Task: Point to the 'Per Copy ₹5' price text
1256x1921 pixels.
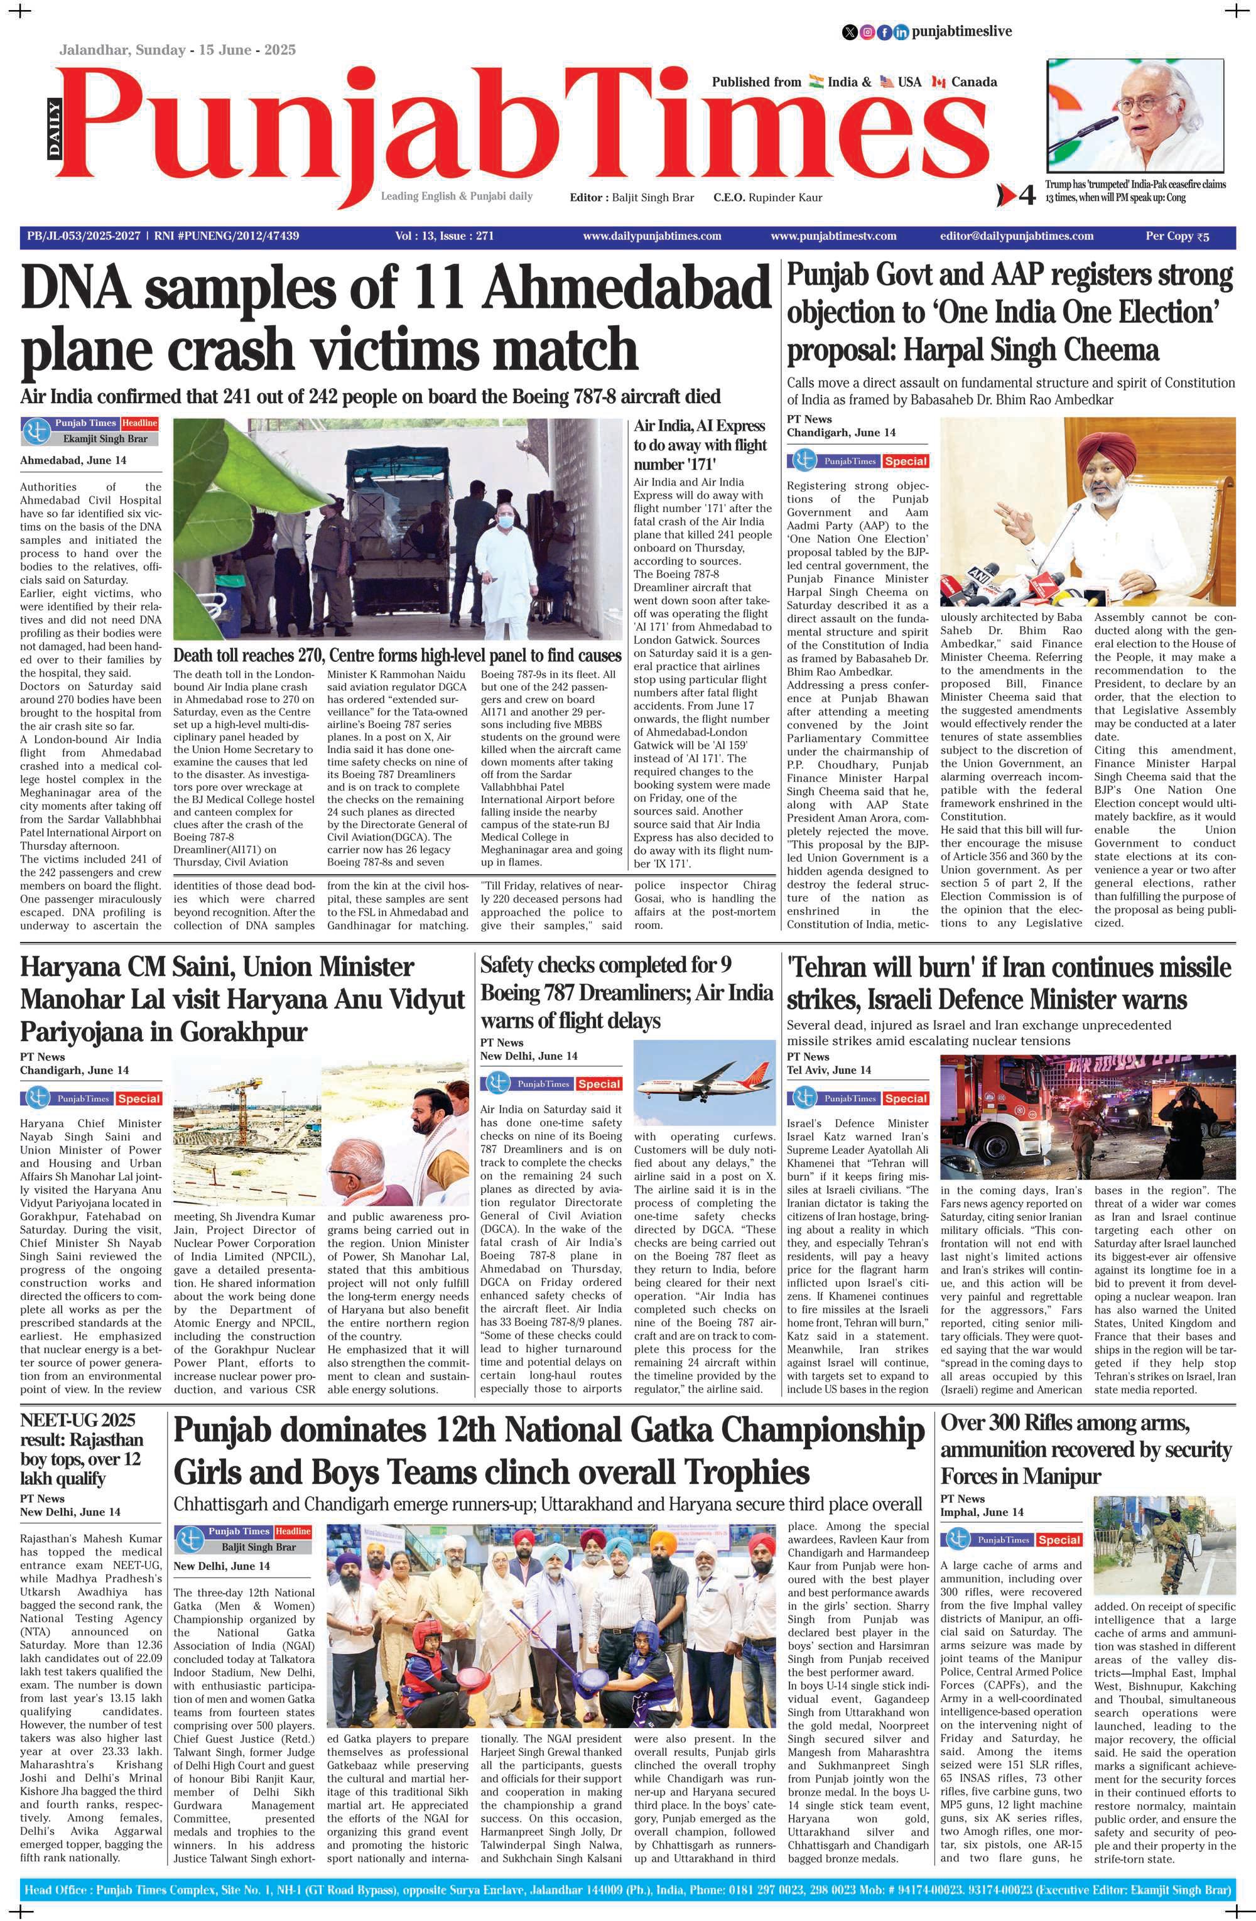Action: click(1177, 235)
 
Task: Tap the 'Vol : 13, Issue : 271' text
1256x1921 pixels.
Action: click(444, 235)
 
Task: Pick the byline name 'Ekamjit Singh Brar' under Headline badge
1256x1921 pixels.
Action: click(105, 439)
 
